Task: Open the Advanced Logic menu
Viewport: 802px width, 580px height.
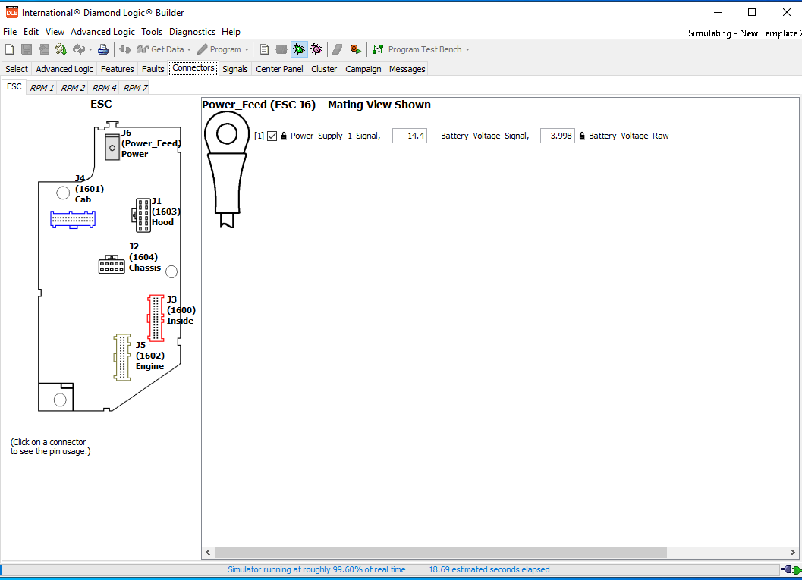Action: (x=102, y=32)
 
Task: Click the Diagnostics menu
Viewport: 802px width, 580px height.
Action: (x=192, y=32)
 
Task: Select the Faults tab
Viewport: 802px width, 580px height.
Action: (x=153, y=69)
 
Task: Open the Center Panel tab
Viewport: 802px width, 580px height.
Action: (x=279, y=69)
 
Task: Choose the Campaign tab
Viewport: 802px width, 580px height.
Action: (x=363, y=69)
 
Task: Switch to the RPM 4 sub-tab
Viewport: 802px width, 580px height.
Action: (x=104, y=88)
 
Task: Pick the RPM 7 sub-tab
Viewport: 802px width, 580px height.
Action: (x=136, y=88)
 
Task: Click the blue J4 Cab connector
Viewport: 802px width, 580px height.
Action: (x=73, y=219)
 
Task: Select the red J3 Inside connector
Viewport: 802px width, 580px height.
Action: (x=156, y=318)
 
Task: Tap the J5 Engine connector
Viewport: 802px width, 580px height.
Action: (x=122, y=356)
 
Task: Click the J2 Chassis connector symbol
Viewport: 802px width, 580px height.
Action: (x=112, y=265)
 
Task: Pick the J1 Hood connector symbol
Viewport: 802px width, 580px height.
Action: (x=143, y=215)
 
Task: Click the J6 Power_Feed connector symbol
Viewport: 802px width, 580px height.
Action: (x=112, y=148)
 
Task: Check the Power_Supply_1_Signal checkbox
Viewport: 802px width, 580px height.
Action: (x=272, y=136)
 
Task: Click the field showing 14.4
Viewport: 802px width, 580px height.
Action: (x=410, y=136)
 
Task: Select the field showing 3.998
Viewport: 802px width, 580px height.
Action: (x=557, y=136)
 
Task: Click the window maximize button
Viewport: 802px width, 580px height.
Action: (x=751, y=12)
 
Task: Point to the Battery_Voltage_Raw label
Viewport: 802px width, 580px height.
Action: (x=628, y=136)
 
